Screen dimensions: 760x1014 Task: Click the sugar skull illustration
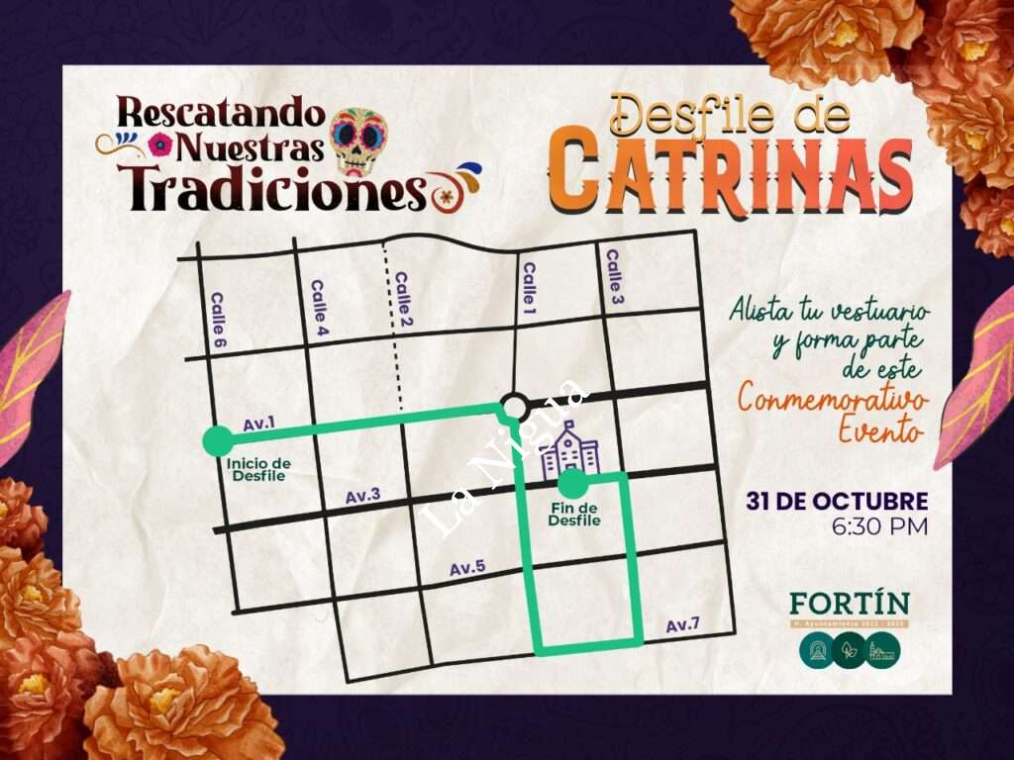(358, 140)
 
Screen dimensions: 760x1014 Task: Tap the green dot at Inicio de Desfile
(217, 440)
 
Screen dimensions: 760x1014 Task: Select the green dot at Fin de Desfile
(571, 484)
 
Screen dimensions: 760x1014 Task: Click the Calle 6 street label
(219, 320)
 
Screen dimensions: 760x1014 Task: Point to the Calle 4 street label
(319, 309)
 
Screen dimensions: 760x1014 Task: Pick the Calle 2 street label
(403, 299)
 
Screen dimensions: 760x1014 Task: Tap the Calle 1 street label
(529, 285)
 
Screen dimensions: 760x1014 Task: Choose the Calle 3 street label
(614, 276)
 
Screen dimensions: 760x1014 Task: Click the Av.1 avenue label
(258, 424)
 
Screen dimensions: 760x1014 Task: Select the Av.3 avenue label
(362, 496)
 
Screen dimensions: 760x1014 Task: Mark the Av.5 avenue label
(467, 568)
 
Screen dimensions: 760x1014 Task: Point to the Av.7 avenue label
(682, 624)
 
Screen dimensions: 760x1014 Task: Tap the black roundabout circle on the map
(514, 406)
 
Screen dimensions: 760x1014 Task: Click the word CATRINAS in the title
(730, 176)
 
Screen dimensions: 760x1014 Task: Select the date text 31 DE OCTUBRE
(837, 501)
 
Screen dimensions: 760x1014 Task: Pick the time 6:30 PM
(880, 526)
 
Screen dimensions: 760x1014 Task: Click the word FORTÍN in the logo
(849, 603)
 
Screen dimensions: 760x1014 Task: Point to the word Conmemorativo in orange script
(833, 401)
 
